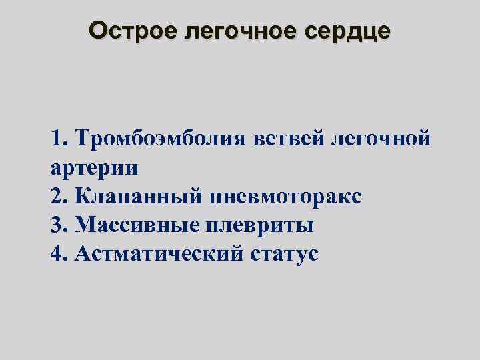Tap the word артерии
pyautogui.click(x=94, y=167)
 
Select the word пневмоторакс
pyautogui.click(x=285, y=196)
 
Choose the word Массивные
pyautogui.click(x=137, y=225)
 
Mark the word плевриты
pyautogui.click(x=261, y=225)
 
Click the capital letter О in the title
pyautogui.click(x=98, y=31)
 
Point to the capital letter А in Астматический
pyautogui.click(x=84, y=253)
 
